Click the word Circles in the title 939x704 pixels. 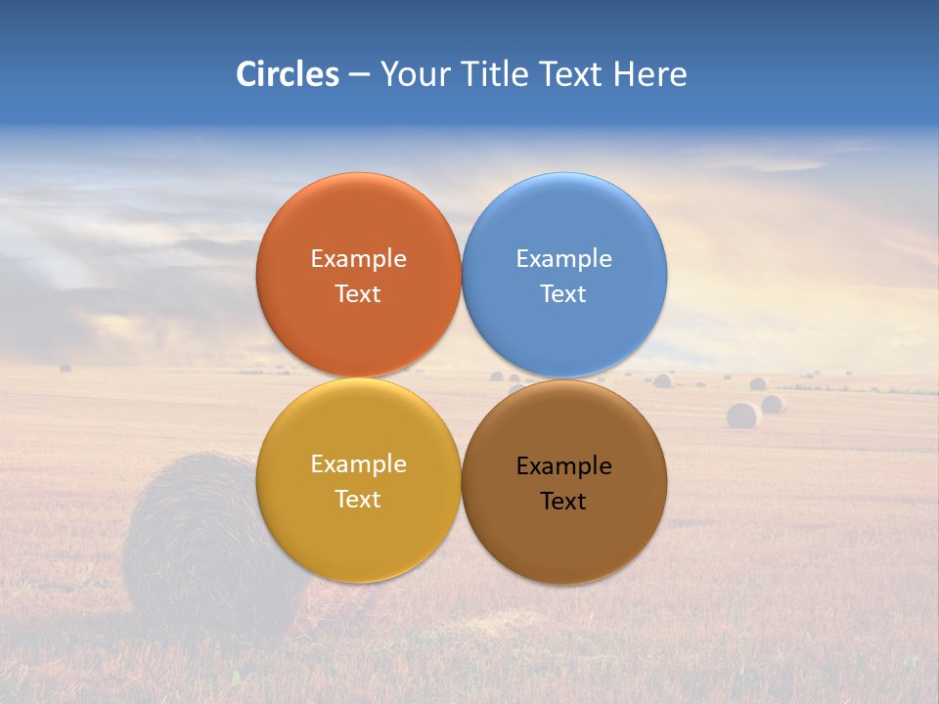click(287, 74)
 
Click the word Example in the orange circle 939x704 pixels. click(358, 259)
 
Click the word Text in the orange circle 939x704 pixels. click(358, 294)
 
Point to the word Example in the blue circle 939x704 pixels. click(563, 259)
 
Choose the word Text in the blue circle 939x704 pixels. click(563, 294)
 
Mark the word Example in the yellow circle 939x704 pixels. click(358, 464)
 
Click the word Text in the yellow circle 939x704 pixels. click(358, 500)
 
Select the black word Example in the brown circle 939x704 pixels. click(563, 466)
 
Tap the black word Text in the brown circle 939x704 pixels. click(563, 502)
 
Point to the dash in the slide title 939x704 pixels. click(359, 75)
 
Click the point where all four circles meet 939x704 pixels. click(461, 378)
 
